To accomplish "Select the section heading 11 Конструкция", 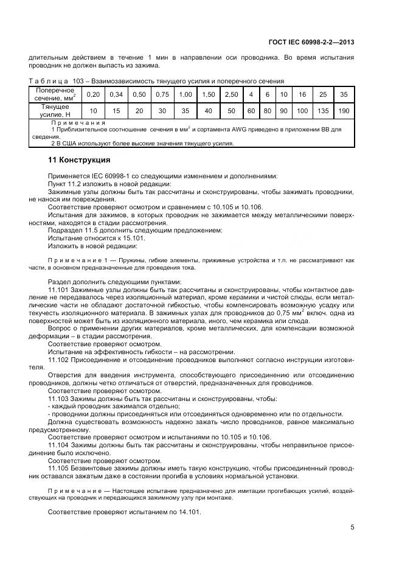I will coord(79,161).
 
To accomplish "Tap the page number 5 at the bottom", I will coord(352,528).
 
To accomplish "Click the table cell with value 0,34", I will coord(116,94).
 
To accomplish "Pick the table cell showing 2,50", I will coord(231,94).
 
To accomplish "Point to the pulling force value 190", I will coord(344,111).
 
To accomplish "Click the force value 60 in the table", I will coord(251,111).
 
